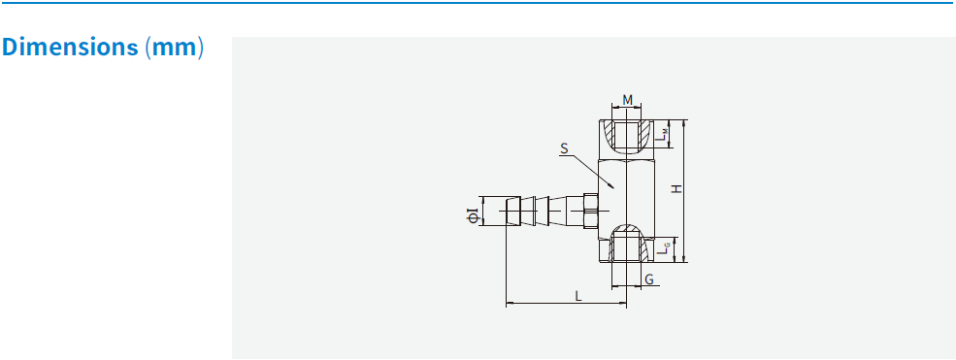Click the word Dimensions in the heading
[71, 48]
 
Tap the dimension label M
[627, 100]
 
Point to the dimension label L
[578, 295]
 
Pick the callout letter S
[563, 149]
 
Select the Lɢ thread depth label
[660, 249]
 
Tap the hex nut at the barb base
[590, 211]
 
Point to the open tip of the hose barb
[508, 211]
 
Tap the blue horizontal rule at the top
[478, 4]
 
